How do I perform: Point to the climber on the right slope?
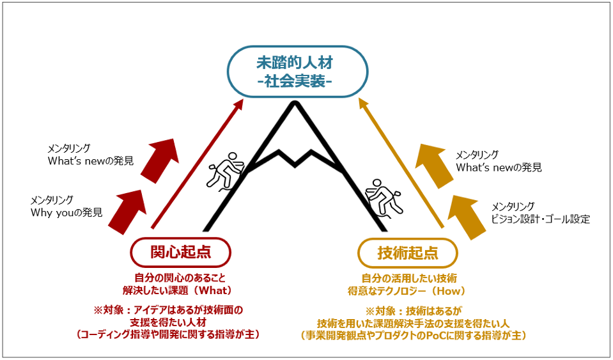click(x=384, y=199)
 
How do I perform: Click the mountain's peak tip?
click(x=295, y=103)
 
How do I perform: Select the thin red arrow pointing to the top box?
click(x=198, y=164)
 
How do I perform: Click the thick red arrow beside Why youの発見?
click(x=127, y=212)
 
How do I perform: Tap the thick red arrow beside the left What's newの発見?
click(x=159, y=160)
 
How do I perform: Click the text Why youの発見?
click(x=66, y=212)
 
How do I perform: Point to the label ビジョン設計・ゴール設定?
click(x=540, y=219)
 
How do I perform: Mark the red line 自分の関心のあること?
click(x=180, y=278)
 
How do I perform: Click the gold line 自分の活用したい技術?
click(x=409, y=278)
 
